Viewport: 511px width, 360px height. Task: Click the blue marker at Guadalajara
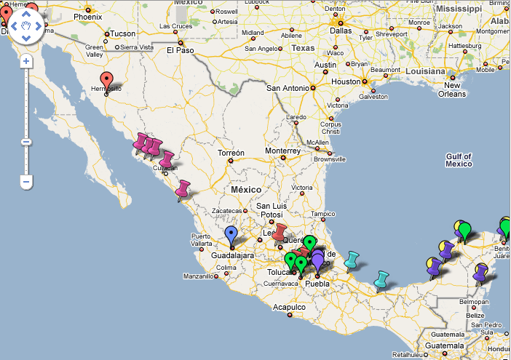pos(231,235)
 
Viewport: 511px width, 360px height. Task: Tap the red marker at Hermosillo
pos(106,80)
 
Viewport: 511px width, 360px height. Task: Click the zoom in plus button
pos(26,61)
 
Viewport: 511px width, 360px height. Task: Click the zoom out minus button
pos(26,180)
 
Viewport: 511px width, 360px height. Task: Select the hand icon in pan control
pos(26,27)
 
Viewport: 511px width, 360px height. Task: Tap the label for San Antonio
pos(288,88)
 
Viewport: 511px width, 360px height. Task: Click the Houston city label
pos(346,81)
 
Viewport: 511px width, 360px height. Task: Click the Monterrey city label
pos(282,151)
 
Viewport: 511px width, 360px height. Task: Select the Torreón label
pos(231,153)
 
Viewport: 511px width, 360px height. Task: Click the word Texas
pos(304,48)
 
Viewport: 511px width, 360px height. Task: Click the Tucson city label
pos(123,33)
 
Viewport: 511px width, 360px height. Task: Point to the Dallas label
pos(340,31)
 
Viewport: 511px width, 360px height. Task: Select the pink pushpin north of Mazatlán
pos(182,189)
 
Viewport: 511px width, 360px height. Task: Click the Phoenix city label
pos(87,16)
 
